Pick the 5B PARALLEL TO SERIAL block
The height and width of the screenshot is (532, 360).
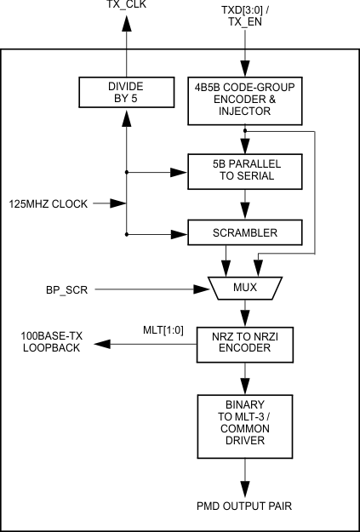tap(246, 170)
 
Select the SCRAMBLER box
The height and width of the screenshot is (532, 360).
tap(246, 231)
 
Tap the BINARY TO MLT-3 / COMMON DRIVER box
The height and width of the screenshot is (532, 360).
tap(246, 422)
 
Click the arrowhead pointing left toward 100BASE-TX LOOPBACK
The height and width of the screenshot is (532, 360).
tap(103, 344)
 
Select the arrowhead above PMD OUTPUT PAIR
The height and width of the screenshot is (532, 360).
tap(246, 489)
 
